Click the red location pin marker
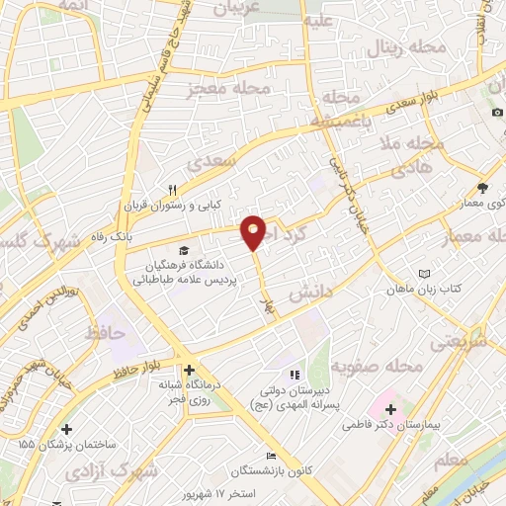tap(254, 231)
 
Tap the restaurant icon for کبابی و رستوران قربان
tap(173, 191)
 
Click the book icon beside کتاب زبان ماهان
tap(425, 273)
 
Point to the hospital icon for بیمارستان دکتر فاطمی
tap(390, 408)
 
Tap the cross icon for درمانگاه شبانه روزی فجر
tap(189, 370)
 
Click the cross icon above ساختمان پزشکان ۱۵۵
tap(66, 429)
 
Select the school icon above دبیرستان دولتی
tap(294, 375)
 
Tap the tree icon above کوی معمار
tap(481, 187)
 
